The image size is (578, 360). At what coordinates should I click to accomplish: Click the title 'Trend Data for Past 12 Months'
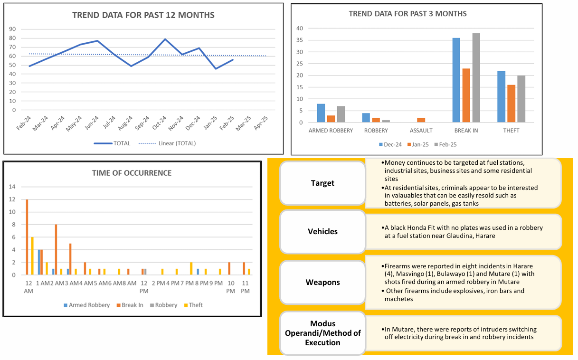(143, 15)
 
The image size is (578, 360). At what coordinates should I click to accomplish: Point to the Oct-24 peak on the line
(165, 39)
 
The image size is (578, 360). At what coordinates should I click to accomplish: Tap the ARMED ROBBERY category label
(331, 130)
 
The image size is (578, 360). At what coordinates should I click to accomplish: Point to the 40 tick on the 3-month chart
(300, 28)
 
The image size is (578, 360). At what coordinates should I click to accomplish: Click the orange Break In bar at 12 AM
(27, 237)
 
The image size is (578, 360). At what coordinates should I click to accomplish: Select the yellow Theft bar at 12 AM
(32, 256)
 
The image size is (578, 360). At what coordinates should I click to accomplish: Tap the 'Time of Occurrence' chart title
(132, 173)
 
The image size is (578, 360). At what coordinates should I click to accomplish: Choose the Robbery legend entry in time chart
(163, 305)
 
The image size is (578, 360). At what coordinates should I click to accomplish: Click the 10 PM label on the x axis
(231, 286)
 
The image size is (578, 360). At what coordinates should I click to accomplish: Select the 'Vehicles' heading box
(322, 232)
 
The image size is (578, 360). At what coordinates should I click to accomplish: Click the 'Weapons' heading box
(322, 282)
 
